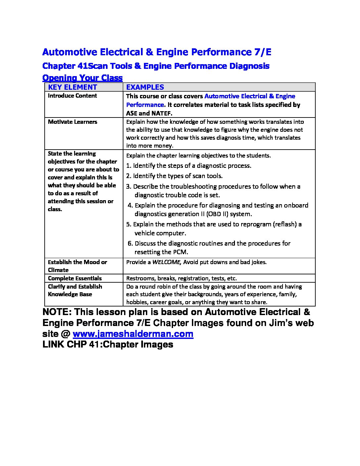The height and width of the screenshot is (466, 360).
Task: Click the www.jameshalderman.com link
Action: click(x=133, y=334)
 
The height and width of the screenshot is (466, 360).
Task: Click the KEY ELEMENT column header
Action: click(x=72, y=87)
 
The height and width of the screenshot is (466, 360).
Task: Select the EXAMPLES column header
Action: click(x=145, y=87)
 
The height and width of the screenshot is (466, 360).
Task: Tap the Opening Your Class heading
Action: click(x=82, y=78)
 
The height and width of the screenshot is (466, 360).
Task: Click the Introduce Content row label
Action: click(x=72, y=96)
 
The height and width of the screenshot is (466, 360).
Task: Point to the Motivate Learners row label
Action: click(x=72, y=122)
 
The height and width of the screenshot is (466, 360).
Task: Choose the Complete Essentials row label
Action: click(x=75, y=278)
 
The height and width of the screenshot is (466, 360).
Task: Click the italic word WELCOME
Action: click(x=166, y=262)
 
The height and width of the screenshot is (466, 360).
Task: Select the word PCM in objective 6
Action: click(x=180, y=252)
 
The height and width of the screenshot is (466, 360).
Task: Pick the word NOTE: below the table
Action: click(x=56, y=312)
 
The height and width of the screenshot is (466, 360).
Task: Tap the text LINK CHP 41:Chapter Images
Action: click(x=108, y=345)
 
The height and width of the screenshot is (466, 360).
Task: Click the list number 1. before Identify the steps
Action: click(x=129, y=166)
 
